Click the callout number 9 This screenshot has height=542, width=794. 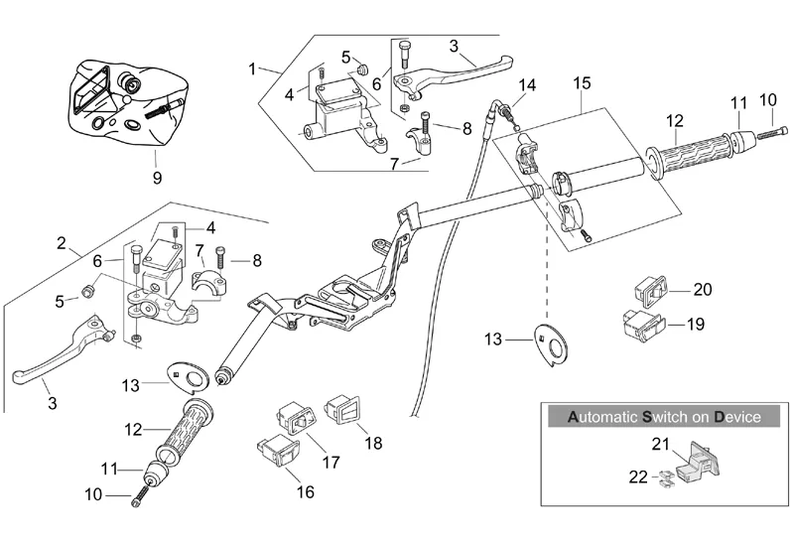(156, 179)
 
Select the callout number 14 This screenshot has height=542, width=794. (526, 85)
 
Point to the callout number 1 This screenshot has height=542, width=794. (252, 68)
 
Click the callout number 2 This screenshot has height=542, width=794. (62, 243)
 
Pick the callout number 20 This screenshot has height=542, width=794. (703, 290)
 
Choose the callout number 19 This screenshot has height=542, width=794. (696, 324)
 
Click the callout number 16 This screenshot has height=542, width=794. (304, 490)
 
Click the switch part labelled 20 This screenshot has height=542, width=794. (645, 291)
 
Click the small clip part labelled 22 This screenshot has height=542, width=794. (668, 478)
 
